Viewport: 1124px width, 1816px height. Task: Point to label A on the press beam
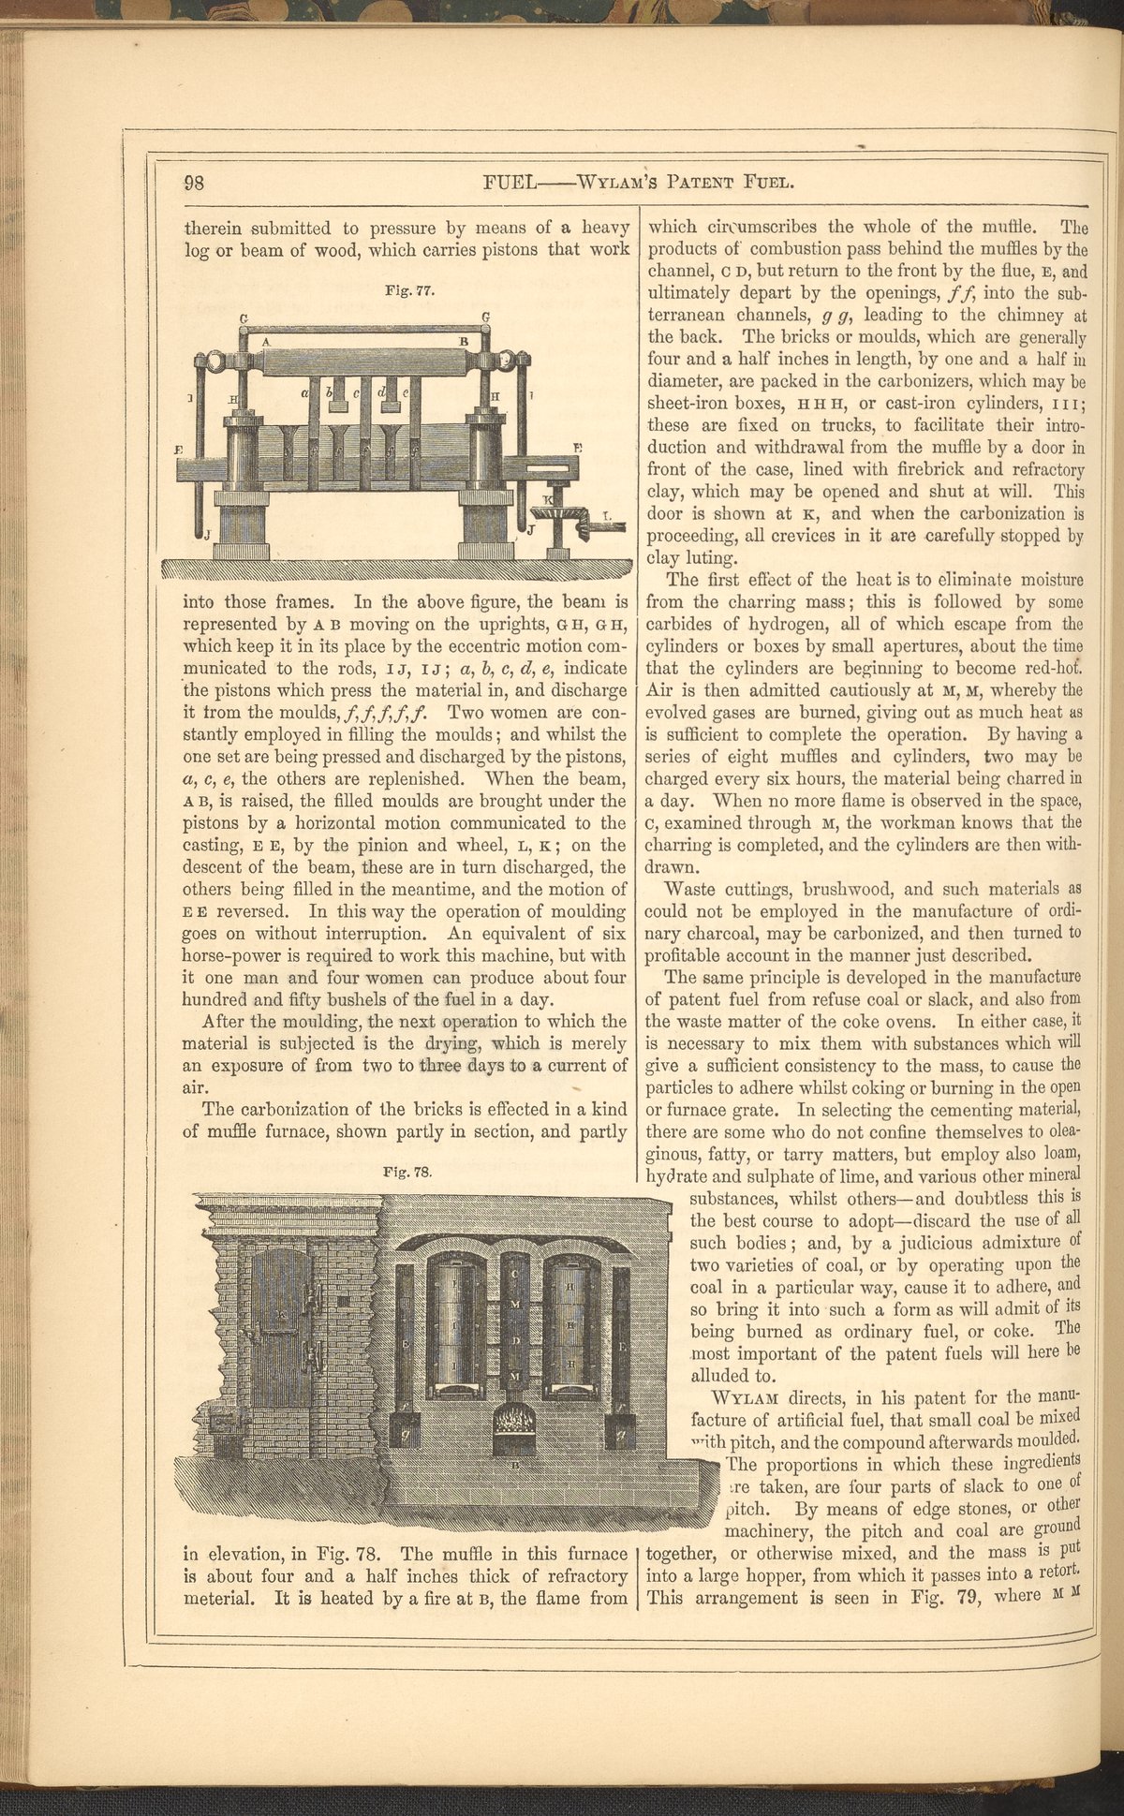point(266,343)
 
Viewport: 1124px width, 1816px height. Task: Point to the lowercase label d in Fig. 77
point(381,394)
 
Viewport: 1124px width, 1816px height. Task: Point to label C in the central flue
point(517,1275)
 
